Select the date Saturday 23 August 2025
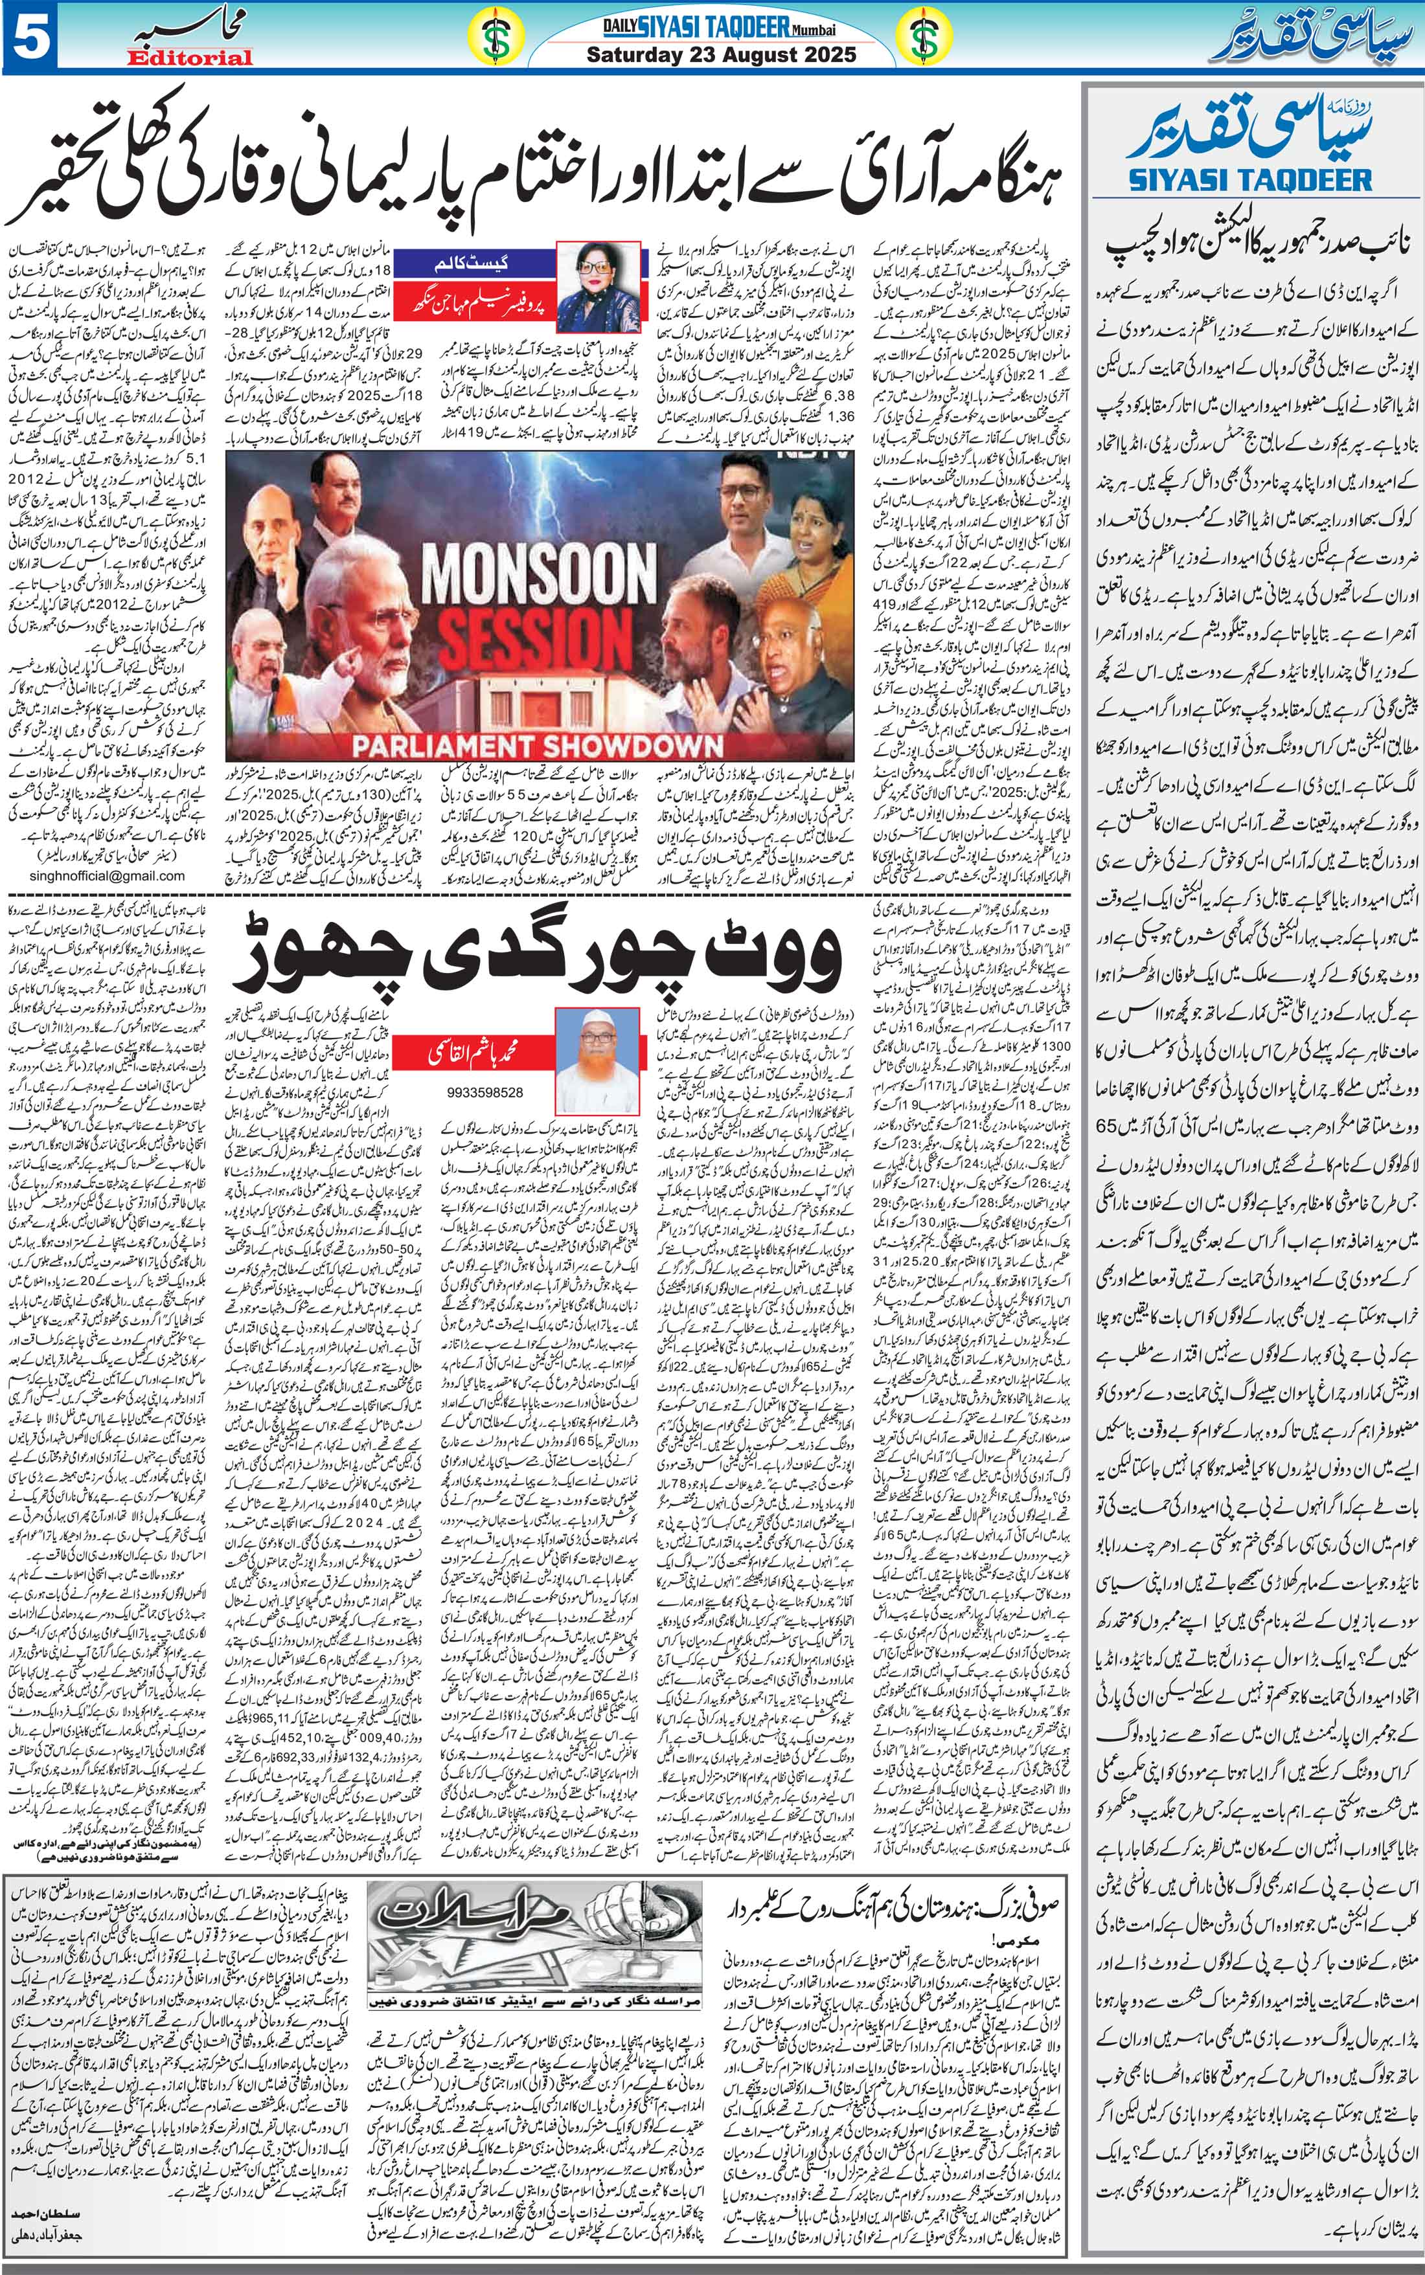coord(721,54)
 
